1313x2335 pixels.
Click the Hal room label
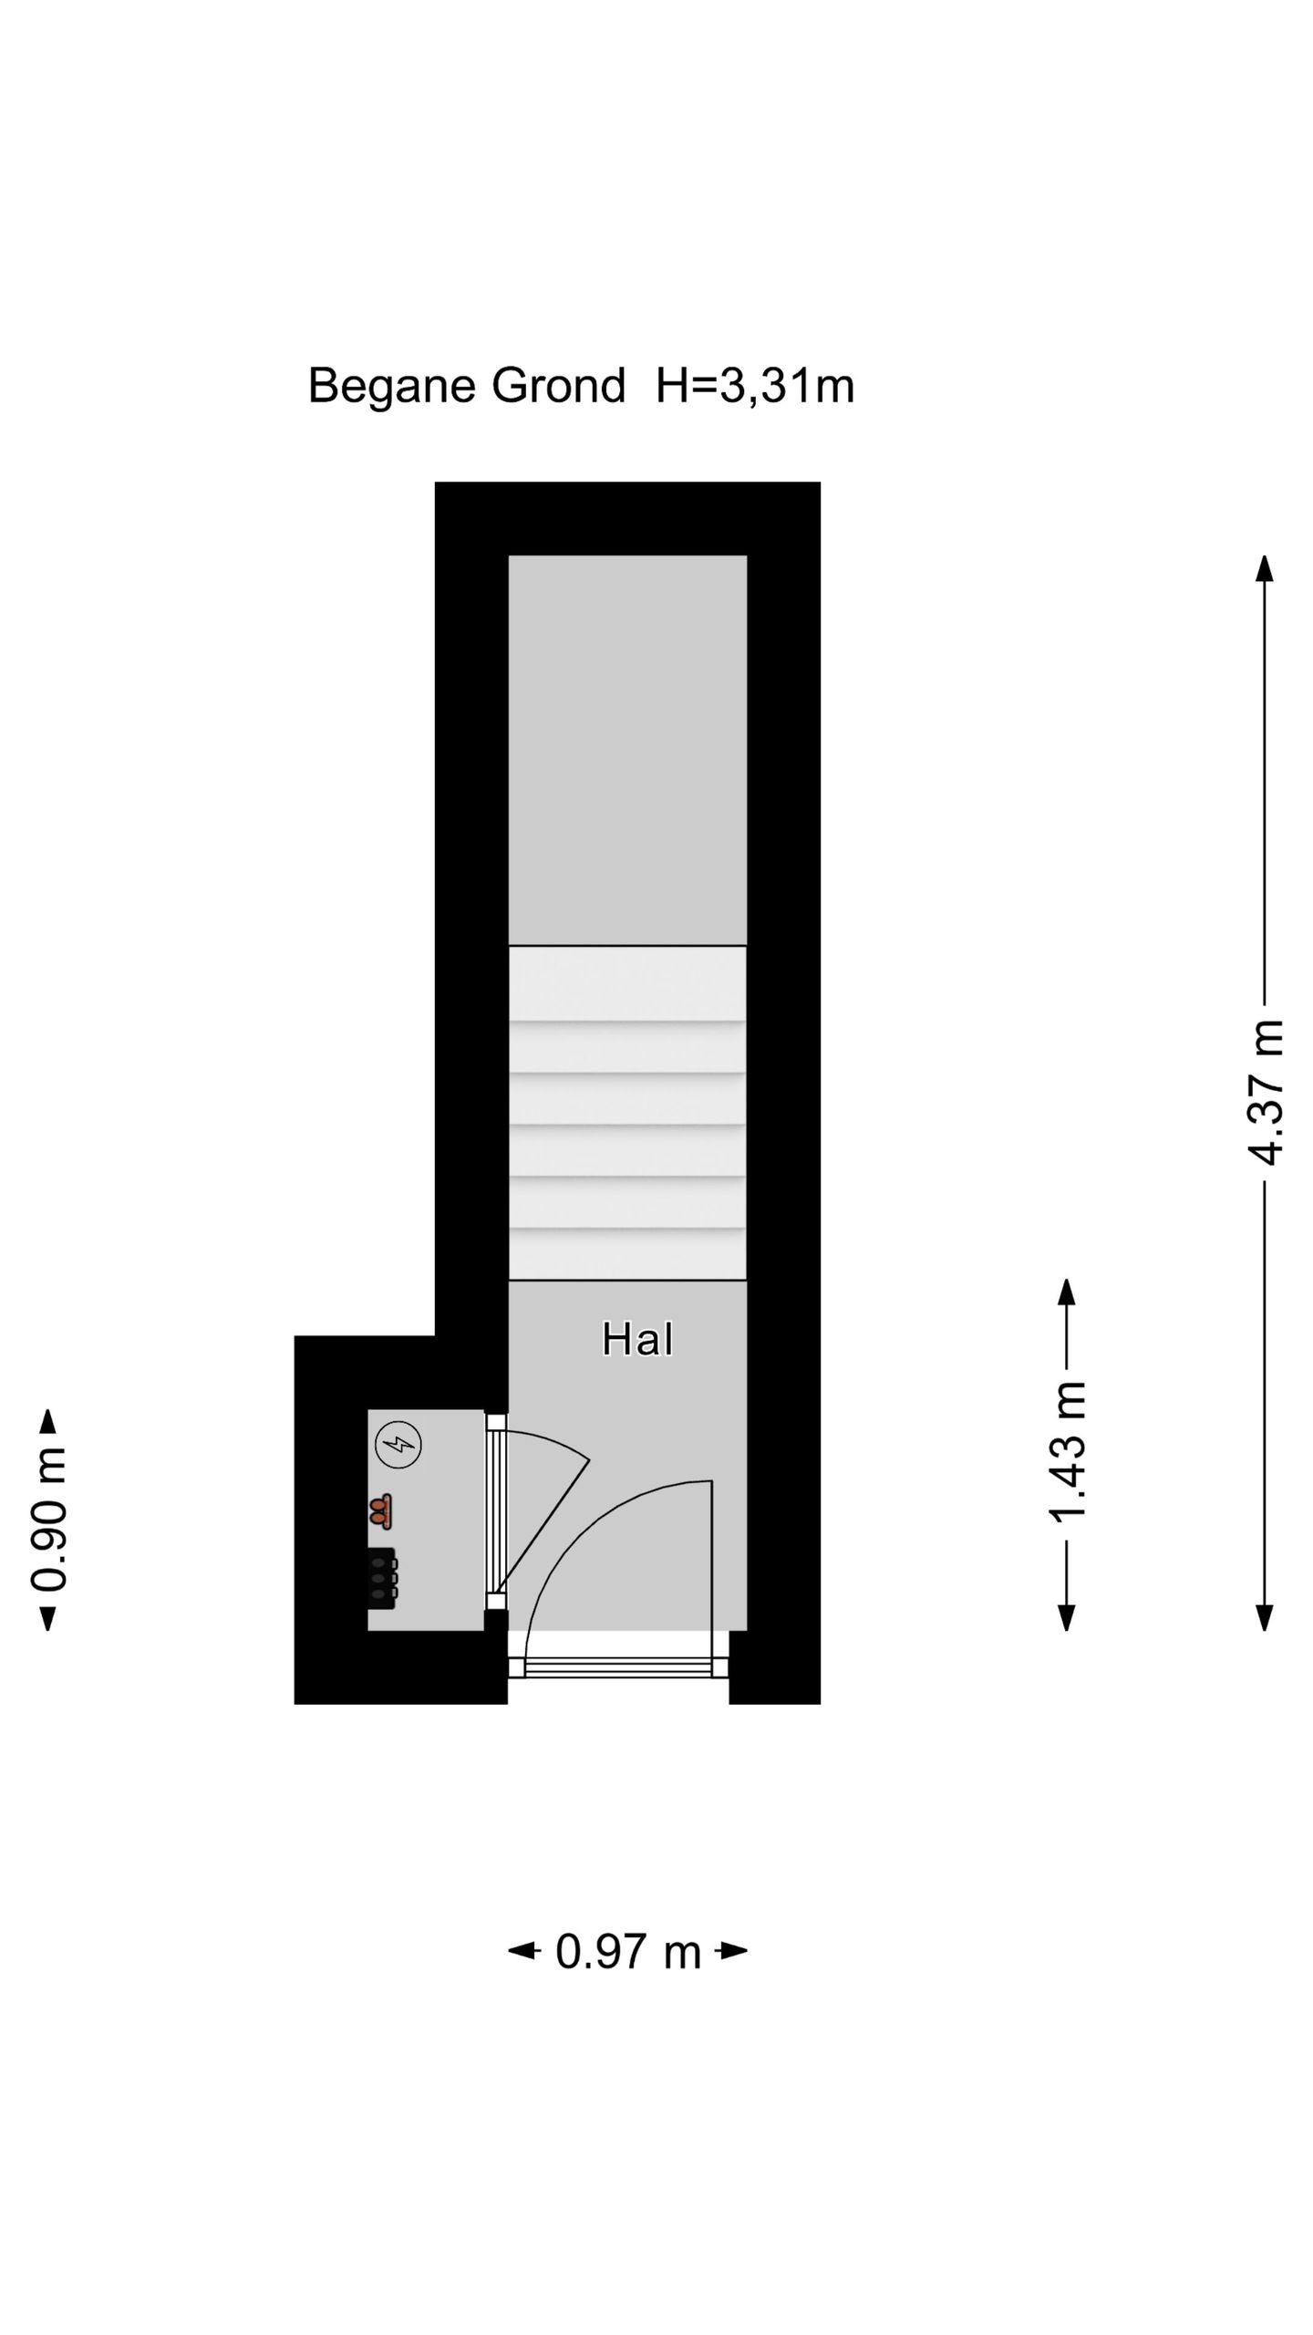coord(637,1340)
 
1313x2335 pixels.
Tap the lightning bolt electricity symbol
coord(398,1445)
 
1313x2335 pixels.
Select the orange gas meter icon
coord(381,1511)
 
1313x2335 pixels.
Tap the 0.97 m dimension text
coord(628,1952)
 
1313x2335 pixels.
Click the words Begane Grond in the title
coord(467,386)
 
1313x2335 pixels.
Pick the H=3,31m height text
coord(755,386)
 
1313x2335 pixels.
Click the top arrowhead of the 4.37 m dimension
coord(1264,568)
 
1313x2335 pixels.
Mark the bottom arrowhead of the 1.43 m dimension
coord(1067,1618)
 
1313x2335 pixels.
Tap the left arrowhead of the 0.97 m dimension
coord(522,1951)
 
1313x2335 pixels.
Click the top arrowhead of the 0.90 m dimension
coord(48,1422)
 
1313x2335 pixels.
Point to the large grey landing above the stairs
coord(627,750)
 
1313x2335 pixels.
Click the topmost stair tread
coord(627,983)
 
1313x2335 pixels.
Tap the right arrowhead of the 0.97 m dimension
coord(735,1951)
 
